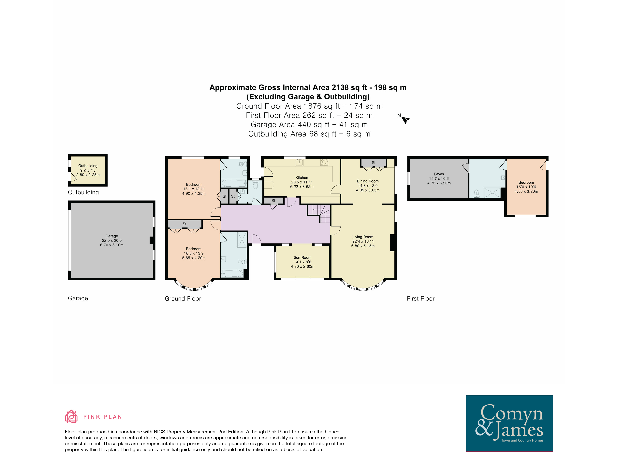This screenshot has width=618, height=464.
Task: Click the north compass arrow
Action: point(406,120)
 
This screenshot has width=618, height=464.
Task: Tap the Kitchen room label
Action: point(302,178)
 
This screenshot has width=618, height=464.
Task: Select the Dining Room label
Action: point(368,181)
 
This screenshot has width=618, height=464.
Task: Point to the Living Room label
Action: point(363,237)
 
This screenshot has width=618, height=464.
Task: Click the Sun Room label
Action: point(302,258)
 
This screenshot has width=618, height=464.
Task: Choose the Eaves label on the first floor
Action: point(439,174)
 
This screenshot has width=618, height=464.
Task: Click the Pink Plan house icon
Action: point(71,416)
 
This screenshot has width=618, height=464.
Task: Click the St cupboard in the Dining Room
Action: point(374,163)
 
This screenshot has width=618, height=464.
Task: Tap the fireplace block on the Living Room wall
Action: point(392,243)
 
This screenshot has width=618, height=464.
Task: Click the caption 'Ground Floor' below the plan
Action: point(183,299)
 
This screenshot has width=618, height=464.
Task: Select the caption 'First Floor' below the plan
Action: point(420,299)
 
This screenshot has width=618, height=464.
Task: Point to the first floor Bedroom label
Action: point(526,182)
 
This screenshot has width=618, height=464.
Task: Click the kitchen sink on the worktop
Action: point(299,162)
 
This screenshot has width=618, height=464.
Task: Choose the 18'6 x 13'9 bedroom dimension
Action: point(194,254)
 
